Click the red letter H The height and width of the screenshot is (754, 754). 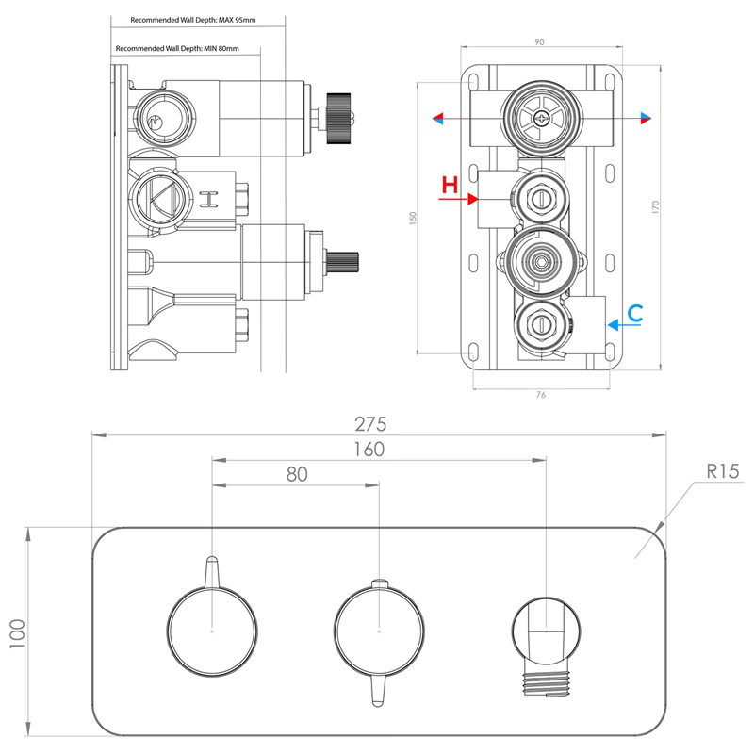point(451,185)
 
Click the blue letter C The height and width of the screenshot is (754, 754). point(636,313)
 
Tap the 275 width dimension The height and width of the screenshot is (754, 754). point(377,424)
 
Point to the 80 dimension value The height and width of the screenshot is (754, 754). point(297,475)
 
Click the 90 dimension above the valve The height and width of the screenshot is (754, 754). point(539,41)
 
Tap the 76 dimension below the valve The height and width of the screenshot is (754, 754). point(540,395)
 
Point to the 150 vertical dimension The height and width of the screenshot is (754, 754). point(412,218)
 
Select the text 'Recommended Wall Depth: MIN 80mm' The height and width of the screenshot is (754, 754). point(176,48)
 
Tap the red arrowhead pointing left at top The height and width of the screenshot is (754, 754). point(437,118)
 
